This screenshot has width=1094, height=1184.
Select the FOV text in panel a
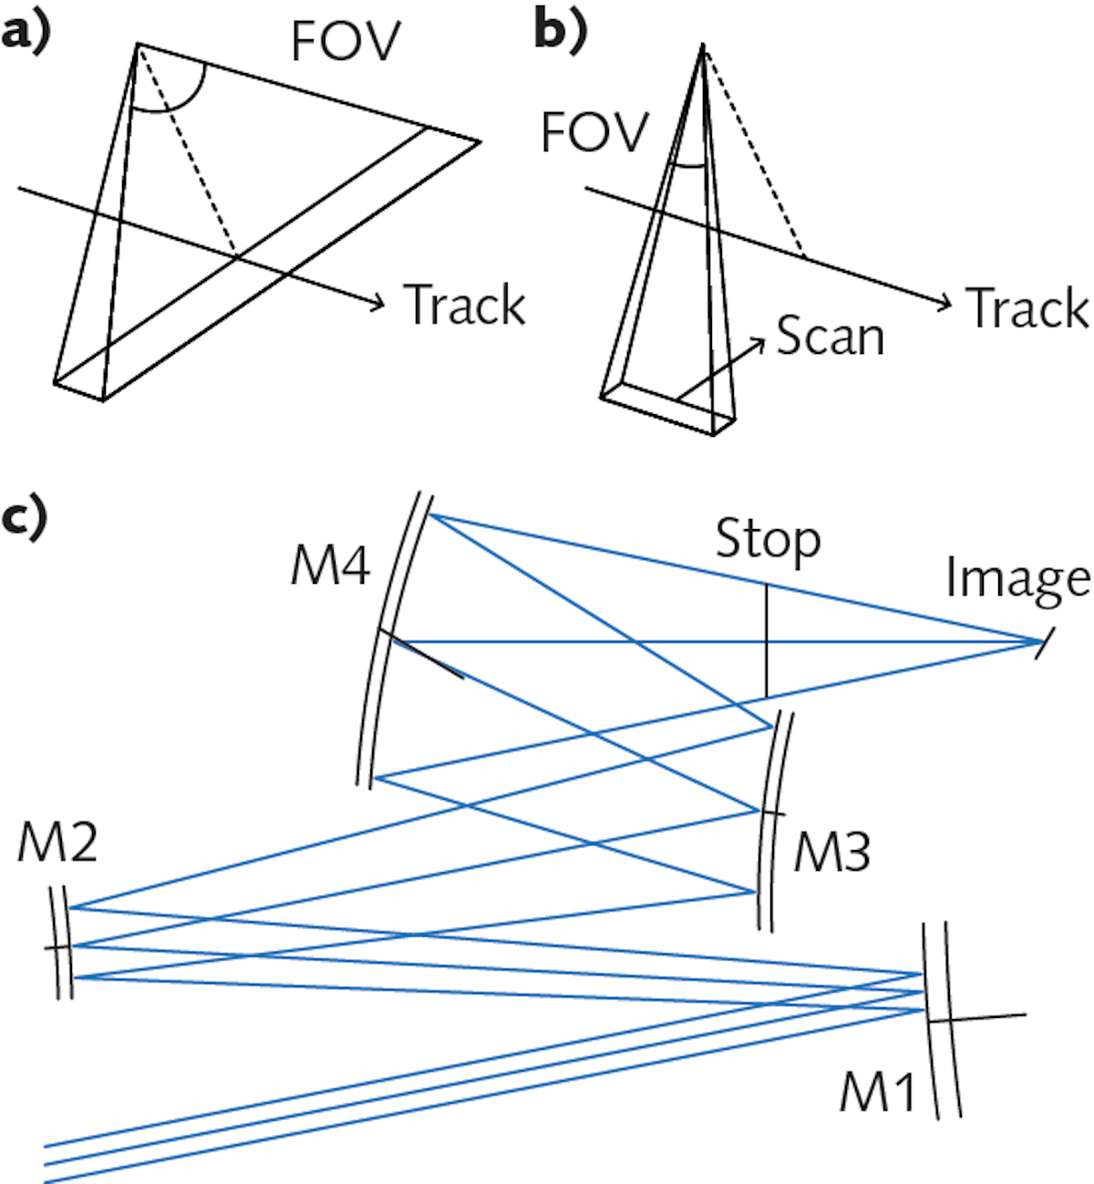click(346, 41)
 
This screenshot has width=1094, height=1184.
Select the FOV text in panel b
click(594, 132)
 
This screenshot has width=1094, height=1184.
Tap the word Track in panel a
click(465, 305)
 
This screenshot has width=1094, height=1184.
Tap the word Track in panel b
click(1027, 307)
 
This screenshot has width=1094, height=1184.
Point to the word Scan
click(831, 337)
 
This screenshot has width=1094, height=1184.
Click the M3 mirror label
click(831, 853)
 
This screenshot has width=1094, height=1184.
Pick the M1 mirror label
click(877, 1090)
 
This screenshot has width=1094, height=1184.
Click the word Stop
click(768, 540)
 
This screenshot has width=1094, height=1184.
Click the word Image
click(1017, 578)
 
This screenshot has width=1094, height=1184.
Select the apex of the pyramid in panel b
click(703, 45)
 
